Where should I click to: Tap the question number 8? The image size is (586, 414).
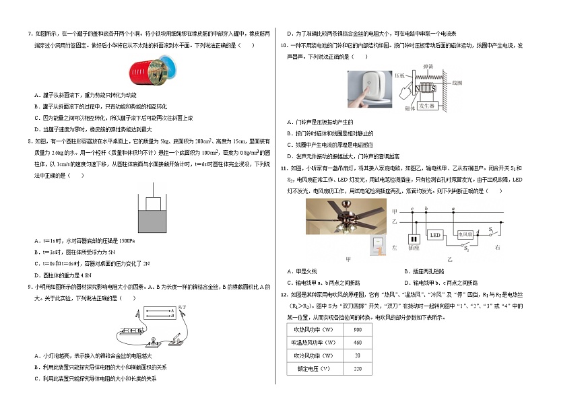point(29,141)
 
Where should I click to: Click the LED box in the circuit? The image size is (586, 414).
point(434,235)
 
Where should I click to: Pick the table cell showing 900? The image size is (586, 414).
point(357,330)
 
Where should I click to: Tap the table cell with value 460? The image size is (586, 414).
point(357,343)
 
